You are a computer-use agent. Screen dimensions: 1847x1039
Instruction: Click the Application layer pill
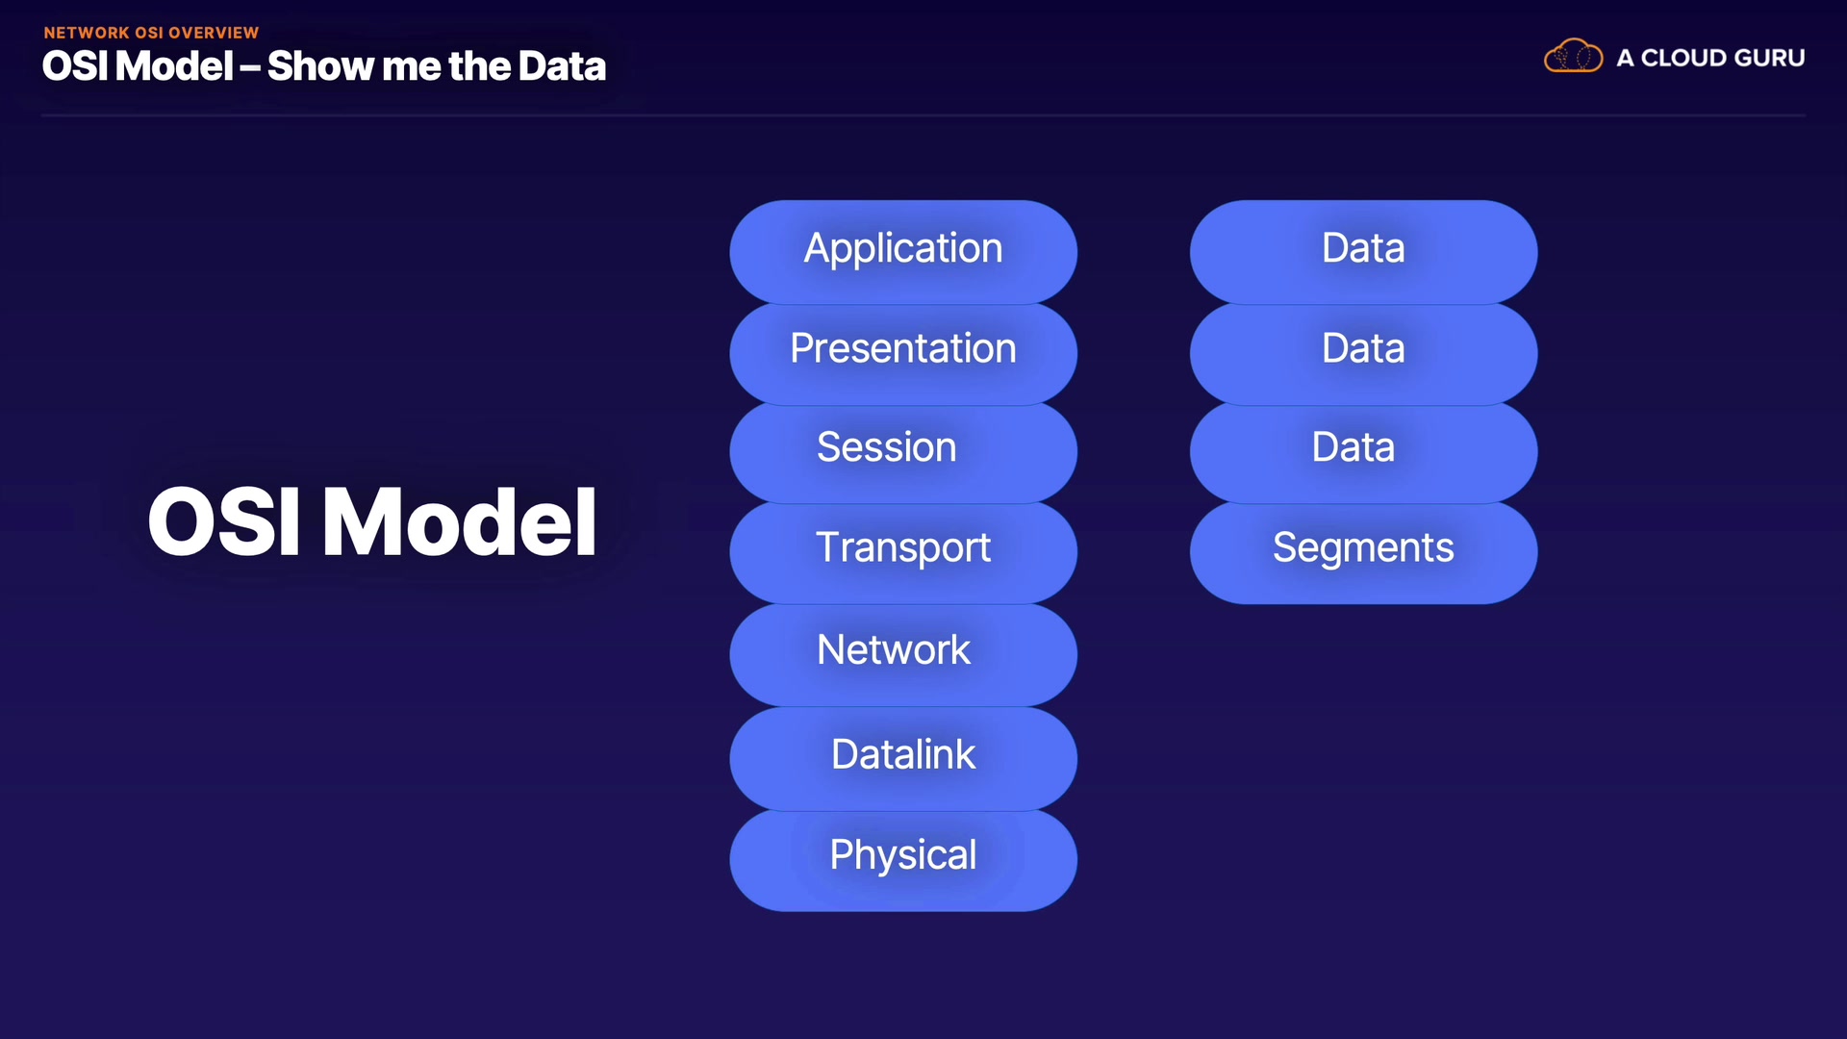click(903, 251)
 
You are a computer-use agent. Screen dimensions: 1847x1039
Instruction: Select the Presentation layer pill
click(903, 353)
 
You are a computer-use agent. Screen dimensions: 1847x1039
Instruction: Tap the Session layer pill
click(903, 452)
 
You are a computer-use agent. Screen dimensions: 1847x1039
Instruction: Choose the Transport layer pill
click(903, 553)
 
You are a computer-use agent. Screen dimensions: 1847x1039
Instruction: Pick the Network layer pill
click(903, 654)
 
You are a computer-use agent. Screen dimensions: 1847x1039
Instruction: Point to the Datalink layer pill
click(903, 758)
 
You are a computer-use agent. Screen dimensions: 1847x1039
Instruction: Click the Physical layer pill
click(903, 860)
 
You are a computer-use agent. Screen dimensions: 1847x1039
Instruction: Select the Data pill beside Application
click(1363, 251)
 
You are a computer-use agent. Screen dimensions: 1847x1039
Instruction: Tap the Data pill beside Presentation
click(1363, 353)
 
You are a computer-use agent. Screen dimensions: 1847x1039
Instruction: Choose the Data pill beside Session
click(1363, 452)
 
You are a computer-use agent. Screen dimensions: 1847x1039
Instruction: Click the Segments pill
click(1363, 553)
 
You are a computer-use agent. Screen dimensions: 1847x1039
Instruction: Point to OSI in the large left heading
click(224, 521)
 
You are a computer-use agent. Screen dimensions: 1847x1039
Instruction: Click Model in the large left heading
click(460, 521)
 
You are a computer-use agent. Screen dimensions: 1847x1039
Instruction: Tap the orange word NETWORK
click(87, 33)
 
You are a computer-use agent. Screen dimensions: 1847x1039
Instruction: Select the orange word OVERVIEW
click(214, 33)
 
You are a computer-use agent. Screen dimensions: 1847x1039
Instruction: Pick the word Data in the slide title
click(562, 66)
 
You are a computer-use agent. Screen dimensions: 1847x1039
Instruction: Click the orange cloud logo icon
click(1573, 56)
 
